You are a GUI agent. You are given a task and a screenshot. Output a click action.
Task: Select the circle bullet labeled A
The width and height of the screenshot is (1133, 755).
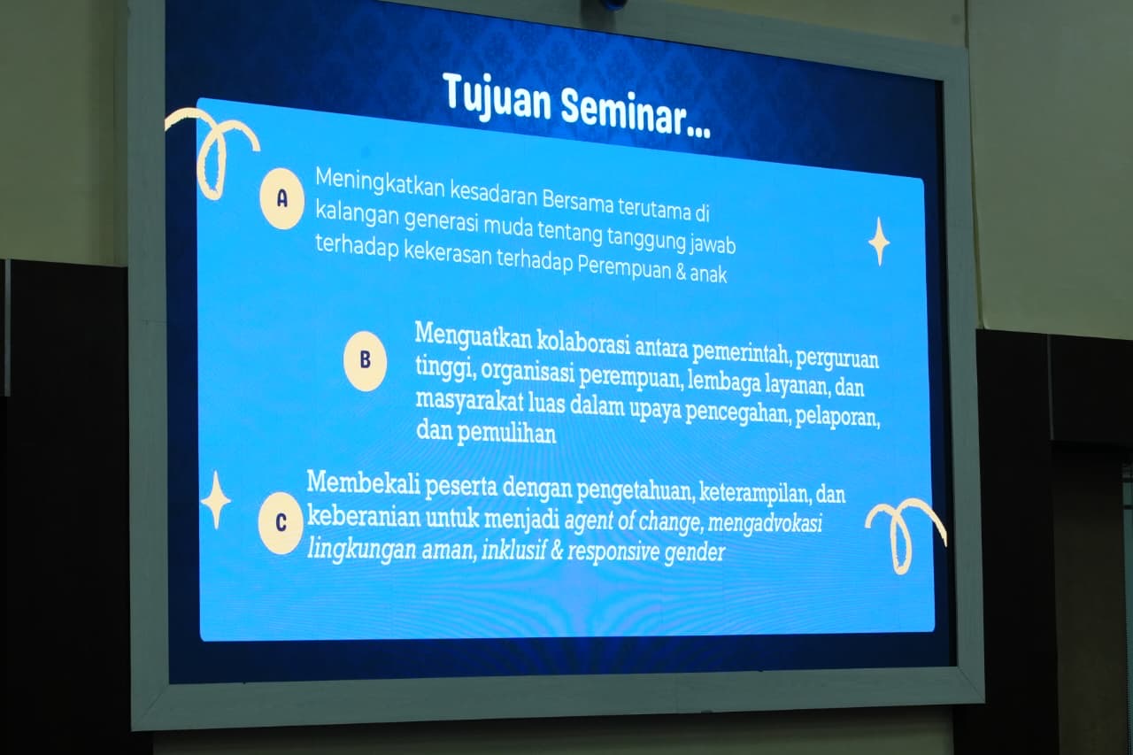coord(281,199)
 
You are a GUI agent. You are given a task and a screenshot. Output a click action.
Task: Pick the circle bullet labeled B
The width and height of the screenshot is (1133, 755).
coord(365,360)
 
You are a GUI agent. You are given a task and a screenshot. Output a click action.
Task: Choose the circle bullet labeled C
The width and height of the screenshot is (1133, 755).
coord(281,522)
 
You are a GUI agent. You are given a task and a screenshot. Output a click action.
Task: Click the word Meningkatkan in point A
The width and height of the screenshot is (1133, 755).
coord(380,183)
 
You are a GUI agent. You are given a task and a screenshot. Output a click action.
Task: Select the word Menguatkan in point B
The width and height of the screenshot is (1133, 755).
coord(473,336)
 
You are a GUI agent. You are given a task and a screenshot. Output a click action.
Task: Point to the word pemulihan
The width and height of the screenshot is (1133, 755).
coord(506,434)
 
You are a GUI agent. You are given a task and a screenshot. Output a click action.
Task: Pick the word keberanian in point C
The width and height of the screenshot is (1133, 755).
coord(364,517)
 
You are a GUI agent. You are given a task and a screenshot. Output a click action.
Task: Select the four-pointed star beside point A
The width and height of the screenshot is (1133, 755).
coord(879,242)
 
